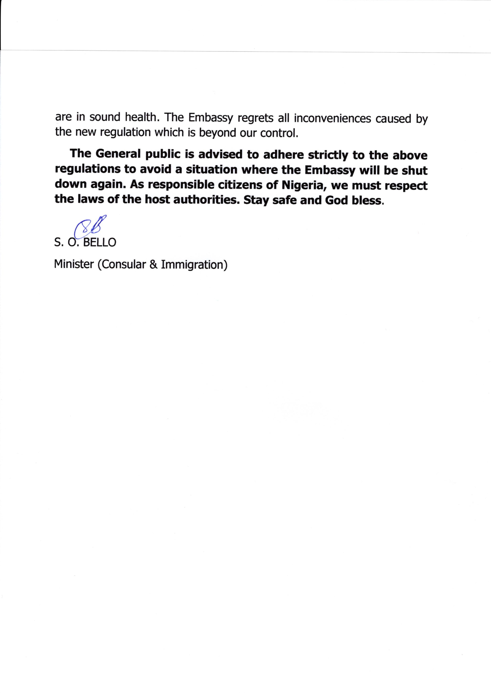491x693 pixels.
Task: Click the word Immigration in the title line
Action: click(x=194, y=265)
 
